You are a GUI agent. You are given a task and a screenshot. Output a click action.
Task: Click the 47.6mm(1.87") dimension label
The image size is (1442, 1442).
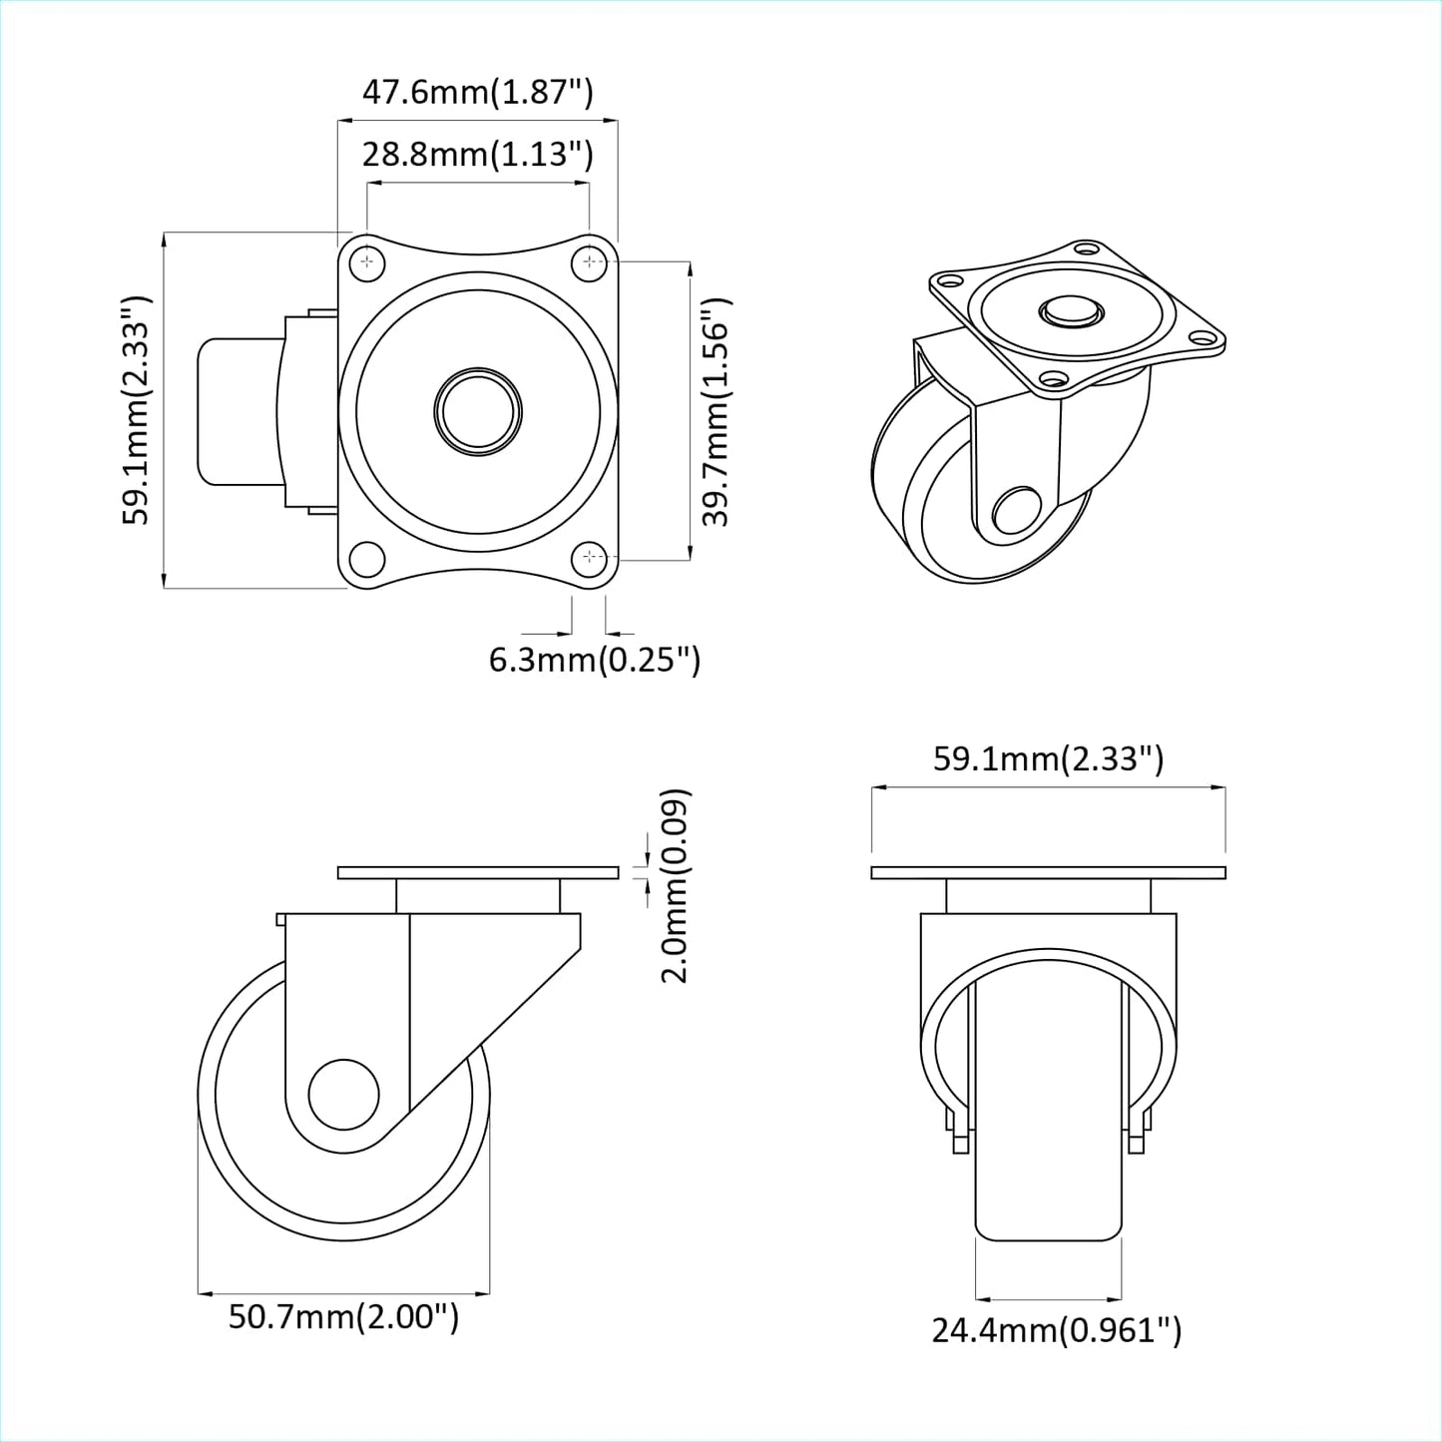[x=477, y=92]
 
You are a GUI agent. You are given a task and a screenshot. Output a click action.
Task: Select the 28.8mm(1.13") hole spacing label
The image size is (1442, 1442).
[x=477, y=154]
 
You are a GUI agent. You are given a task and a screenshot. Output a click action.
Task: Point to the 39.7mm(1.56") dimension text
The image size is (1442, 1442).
[x=716, y=411]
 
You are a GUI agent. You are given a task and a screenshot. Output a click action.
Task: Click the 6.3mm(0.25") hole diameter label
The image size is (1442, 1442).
[x=594, y=660]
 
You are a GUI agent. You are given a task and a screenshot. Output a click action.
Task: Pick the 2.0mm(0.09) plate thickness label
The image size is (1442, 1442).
[x=676, y=885]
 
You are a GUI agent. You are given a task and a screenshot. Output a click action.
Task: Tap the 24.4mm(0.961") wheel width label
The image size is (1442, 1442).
[x=1056, y=1330]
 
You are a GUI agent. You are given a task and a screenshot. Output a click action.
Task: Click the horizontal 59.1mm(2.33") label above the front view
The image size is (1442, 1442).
[x=1048, y=759]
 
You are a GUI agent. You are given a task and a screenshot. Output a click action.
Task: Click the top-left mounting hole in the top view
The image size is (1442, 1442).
[x=368, y=261]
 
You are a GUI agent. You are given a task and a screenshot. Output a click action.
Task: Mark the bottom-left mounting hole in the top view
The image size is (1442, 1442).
[x=366, y=557]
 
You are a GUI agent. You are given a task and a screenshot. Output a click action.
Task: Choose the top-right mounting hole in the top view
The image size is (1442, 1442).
[x=591, y=261]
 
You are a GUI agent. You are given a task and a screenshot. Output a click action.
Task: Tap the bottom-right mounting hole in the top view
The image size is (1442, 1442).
[x=592, y=557]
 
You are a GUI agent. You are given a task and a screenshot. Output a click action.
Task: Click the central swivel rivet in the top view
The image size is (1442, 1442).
[x=478, y=411]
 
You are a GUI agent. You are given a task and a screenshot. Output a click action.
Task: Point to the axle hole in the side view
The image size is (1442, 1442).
[x=343, y=1094]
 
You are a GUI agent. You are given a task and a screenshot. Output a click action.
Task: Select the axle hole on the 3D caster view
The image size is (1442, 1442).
[x=1016, y=512]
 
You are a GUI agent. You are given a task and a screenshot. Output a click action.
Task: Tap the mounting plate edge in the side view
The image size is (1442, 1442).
[x=478, y=873]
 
